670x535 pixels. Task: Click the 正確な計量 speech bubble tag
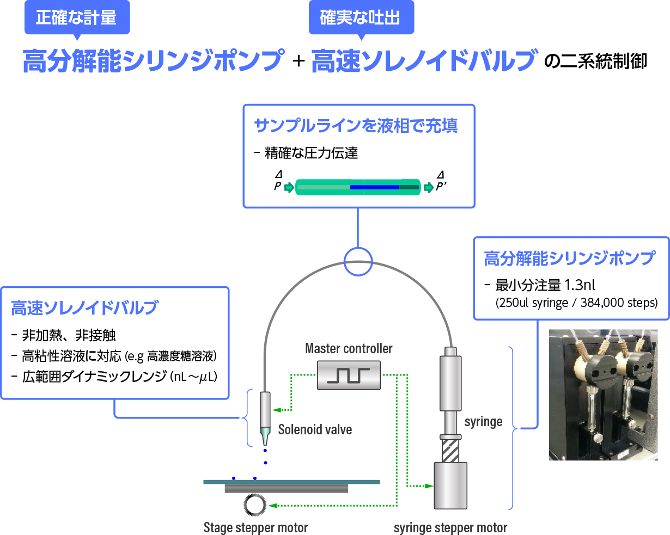pyautogui.click(x=76, y=18)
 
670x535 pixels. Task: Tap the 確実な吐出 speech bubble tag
pyautogui.click(x=360, y=18)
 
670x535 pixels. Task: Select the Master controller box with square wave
pyautogui.click(x=349, y=376)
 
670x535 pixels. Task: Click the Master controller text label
pyautogui.click(x=349, y=348)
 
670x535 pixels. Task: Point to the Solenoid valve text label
pyautogui.click(x=315, y=429)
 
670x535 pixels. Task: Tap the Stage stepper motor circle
pyautogui.click(x=254, y=505)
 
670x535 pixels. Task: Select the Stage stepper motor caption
pyautogui.click(x=255, y=527)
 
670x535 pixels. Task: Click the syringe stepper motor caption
pyautogui.click(x=450, y=527)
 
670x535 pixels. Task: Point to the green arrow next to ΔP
pyautogui.click(x=289, y=188)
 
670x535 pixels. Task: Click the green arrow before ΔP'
pyautogui.click(x=429, y=188)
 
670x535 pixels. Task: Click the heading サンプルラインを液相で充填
pyautogui.click(x=356, y=126)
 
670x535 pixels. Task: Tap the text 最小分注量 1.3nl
pyautogui.click(x=545, y=285)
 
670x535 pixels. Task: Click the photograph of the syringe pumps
pyautogui.click(x=603, y=395)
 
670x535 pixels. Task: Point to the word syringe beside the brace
pyautogui.click(x=483, y=422)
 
